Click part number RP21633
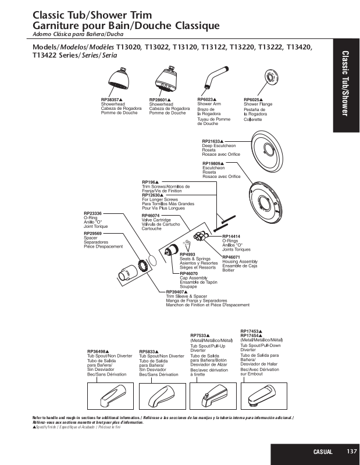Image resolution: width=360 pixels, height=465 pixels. pyautogui.click(x=212, y=141)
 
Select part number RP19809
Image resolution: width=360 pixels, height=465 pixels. pyautogui.click(x=212, y=164)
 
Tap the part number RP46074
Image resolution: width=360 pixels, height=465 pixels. pyautogui.click(x=151, y=216)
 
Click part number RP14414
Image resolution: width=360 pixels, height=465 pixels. pyautogui.click(x=231, y=236)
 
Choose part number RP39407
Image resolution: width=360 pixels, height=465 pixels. pyautogui.click(x=176, y=292)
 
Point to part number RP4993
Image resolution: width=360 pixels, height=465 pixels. pyautogui.click(x=187, y=254)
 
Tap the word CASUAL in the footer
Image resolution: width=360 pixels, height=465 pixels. pyautogui.click(x=323, y=452)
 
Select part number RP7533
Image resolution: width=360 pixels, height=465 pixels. pyautogui.click(x=200, y=335)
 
